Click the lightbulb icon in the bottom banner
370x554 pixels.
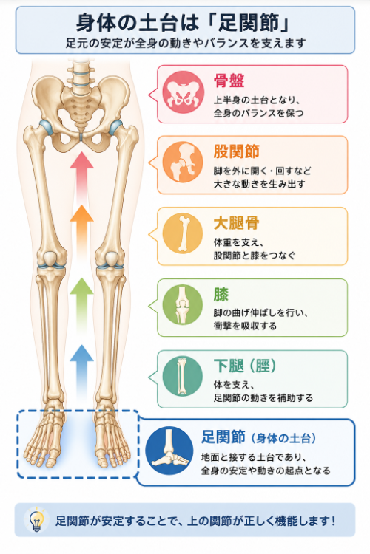tap(36, 520)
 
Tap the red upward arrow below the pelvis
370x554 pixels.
tap(82, 173)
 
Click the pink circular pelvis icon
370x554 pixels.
tap(183, 92)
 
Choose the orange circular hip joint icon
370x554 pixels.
tap(183, 163)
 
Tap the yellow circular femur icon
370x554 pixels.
tap(183, 233)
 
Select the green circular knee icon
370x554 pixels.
tap(183, 304)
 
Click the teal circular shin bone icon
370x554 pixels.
tap(183, 376)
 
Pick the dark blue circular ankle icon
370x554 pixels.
tap(169, 451)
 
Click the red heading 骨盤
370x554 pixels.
tap(229, 81)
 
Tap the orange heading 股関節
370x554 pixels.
tap(237, 151)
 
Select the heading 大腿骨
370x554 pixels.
tap(237, 223)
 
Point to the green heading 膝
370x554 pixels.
tap(221, 294)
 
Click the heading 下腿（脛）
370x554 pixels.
tap(245, 366)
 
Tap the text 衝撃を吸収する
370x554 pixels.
tap(245, 326)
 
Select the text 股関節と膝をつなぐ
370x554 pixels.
tap(255, 255)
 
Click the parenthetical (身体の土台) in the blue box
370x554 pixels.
tap(283, 439)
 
